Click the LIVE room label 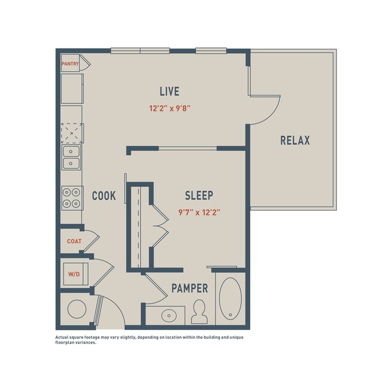(x=169, y=91)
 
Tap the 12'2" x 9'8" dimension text (x=170, y=108)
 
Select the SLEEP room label (x=199, y=196)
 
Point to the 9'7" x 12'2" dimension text (x=199, y=212)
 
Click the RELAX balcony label (x=295, y=141)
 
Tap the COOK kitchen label (x=104, y=196)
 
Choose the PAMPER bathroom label (x=190, y=288)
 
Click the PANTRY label (x=70, y=64)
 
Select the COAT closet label (x=74, y=241)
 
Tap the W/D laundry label (x=74, y=274)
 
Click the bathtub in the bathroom (x=230, y=299)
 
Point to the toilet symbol (x=199, y=312)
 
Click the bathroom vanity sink (x=169, y=315)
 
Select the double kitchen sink (x=71, y=157)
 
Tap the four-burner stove (x=72, y=198)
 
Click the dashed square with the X (x=72, y=133)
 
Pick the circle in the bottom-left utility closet (x=77, y=309)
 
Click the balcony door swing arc (x=272, y=116)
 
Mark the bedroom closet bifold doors (x=160, y=226)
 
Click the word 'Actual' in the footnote (x=61, y=338)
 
